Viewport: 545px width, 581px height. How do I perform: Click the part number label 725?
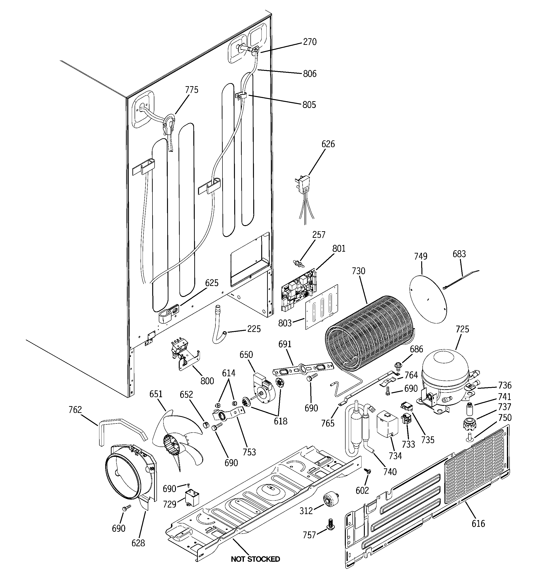click(x=462, y=329)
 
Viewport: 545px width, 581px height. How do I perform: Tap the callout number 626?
click(x=328, y=144)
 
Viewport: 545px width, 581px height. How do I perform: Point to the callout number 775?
click(x=192, y=90)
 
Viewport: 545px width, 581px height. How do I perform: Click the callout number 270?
click(x=310, y=42)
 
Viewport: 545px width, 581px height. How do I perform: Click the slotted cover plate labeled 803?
click(x=322, y=307)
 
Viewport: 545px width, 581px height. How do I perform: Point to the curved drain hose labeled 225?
click(x=219, y=327)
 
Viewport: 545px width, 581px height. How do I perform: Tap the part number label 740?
click(x=390, y=472)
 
